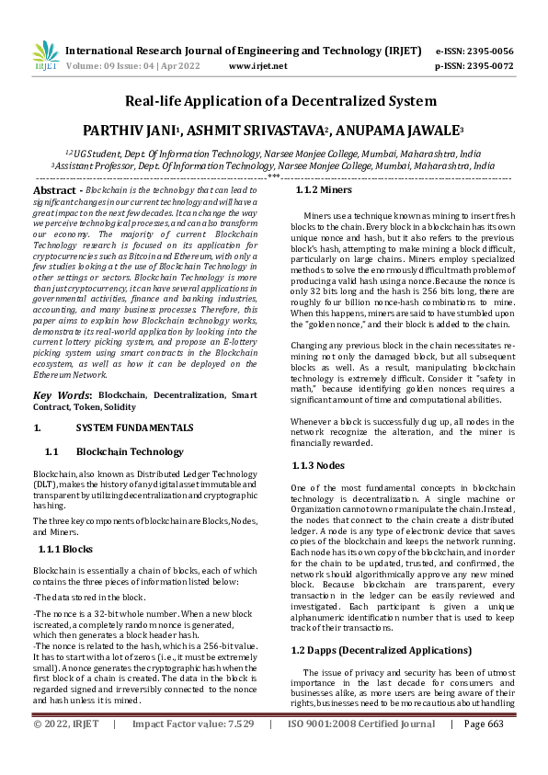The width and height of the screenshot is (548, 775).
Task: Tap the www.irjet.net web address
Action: (257, 65)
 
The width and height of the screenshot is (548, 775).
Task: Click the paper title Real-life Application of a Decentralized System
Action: (274, 101)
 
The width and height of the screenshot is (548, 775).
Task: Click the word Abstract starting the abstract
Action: (55, 188)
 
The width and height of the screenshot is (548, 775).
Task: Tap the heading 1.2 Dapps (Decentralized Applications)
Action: (381, 624)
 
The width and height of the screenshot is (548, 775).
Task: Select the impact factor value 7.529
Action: (238, 750)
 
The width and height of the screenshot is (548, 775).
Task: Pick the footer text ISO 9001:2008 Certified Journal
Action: (361, 750)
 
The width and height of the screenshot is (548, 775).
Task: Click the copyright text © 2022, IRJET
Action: (67, 750)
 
